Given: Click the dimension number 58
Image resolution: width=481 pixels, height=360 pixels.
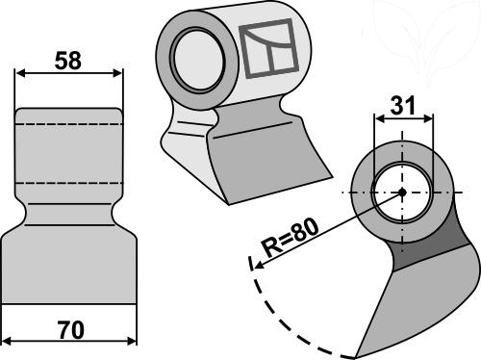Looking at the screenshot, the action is [x=68, y=61].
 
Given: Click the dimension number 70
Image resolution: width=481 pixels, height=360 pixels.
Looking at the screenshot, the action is [x=71, y=329].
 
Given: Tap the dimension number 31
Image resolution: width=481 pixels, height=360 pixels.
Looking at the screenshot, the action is [x=403, y=105].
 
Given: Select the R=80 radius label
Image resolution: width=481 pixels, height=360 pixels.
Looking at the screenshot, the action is [x=291, y=237].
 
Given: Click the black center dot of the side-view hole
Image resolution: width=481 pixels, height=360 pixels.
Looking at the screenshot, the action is [x=402, y=193].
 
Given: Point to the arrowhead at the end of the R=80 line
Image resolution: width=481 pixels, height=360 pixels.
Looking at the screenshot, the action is [x=259, y=265].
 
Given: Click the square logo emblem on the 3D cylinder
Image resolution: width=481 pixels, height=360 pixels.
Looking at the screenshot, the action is [x=269, y=48].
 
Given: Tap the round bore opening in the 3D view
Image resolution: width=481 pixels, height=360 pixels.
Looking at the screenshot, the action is [x=198, y=61].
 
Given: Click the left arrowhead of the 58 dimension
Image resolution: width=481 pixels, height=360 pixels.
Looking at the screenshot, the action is [x=20, y=73].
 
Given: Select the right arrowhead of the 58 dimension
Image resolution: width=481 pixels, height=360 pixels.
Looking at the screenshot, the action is [x=117, y=73].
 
